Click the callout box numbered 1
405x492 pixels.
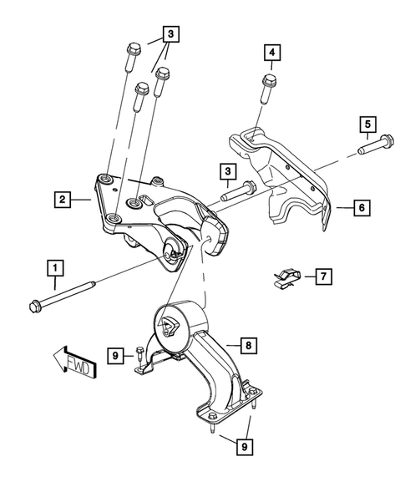coord(54,268)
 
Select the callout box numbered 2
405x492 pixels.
coord(61,199)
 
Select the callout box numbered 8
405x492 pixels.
coord(247,342)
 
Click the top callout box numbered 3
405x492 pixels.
coord(170,34)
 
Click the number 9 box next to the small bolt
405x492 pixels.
coord(116,358)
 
